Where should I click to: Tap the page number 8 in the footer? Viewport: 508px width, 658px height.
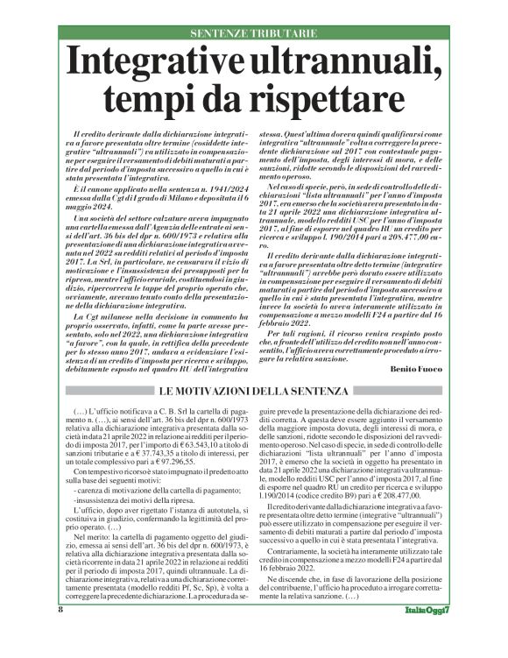pyautogui.click(x=60, y=633)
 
